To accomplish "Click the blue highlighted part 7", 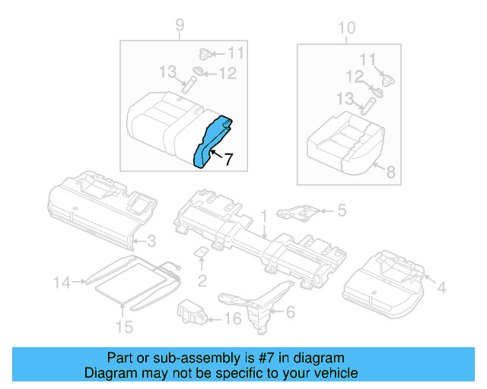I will (212, 141).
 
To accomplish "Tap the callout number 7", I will (228, 159).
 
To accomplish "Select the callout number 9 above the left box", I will (180, 27).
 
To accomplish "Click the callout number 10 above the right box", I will (346, 28).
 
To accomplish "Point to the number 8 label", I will (390, 173).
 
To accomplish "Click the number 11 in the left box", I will (236, 53).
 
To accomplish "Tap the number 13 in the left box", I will (167, 71).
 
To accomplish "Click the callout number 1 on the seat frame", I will (263, 217).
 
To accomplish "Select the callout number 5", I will (342, 210).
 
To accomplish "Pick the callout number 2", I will (202, 281).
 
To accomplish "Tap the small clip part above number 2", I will (202, 252).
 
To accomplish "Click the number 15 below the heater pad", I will (123, 327).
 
